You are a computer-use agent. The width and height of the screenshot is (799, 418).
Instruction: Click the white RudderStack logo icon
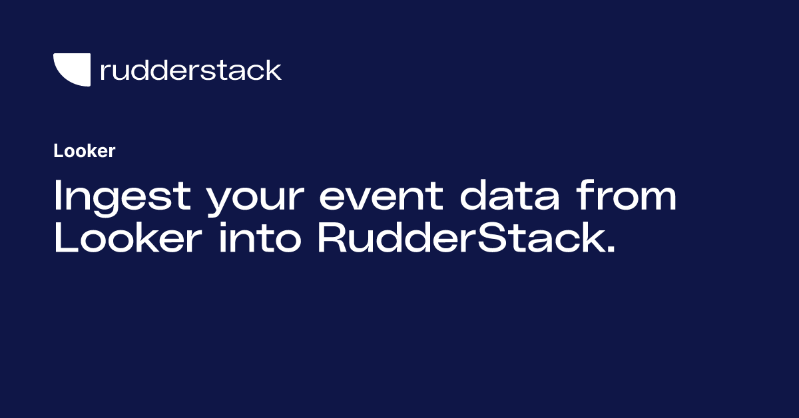72,69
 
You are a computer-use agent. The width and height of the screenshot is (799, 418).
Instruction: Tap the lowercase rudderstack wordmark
191,70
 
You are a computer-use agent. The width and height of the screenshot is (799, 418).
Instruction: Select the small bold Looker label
85,151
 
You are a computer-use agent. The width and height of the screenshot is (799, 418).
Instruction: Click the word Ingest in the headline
123,198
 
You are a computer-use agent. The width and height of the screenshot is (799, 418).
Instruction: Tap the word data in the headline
510,196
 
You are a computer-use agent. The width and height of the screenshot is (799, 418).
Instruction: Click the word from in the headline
627,195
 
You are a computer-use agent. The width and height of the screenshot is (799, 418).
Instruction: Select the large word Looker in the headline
129,238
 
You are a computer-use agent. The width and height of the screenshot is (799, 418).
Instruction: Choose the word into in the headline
260,238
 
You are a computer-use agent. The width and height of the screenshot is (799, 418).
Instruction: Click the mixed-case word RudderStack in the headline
460,238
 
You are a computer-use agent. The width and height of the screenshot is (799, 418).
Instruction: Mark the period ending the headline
611,249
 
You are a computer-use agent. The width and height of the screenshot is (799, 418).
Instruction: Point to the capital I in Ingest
57,195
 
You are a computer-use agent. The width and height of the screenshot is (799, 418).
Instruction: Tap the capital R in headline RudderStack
333,238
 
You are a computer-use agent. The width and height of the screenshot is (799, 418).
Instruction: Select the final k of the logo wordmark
273,70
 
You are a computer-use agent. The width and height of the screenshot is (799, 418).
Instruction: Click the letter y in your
222,201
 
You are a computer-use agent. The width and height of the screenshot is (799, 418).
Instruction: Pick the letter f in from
585,195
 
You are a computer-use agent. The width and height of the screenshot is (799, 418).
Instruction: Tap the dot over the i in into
222,225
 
